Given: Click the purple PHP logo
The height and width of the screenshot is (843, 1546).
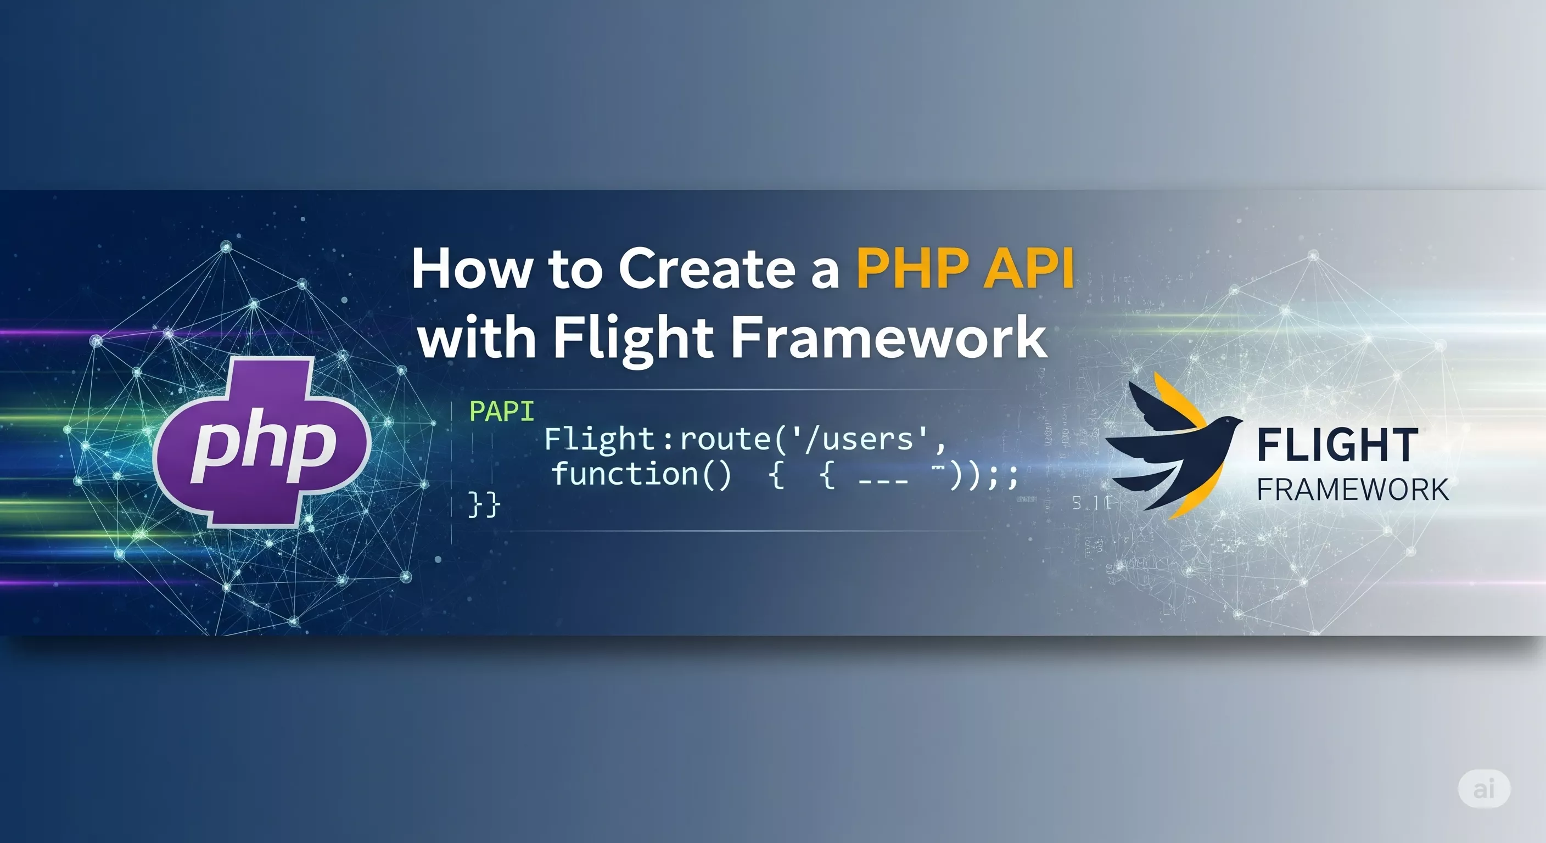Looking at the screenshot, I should coord(262,443).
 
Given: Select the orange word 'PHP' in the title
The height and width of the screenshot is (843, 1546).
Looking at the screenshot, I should coord(911,268).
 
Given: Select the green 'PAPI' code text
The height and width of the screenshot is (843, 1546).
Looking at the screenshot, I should coord(501,412).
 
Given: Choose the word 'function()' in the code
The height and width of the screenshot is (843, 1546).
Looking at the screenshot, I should coord(641,474).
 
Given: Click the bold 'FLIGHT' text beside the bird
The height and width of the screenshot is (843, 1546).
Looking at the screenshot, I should coord(1338,445).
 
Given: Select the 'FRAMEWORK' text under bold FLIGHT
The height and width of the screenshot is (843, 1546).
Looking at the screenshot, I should coord(1353,490).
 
